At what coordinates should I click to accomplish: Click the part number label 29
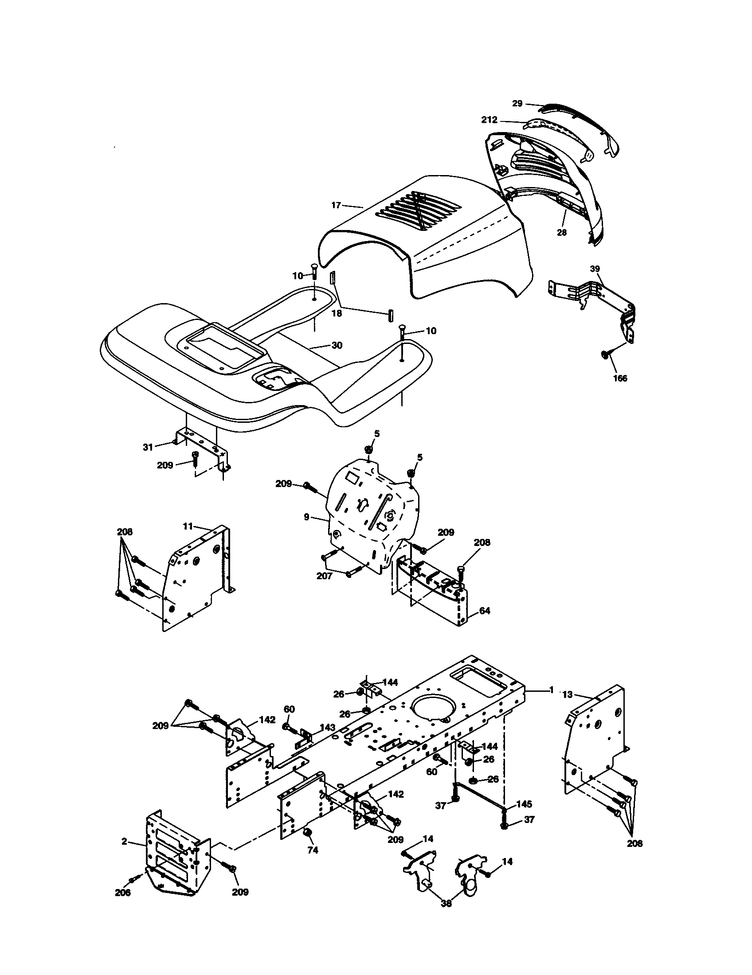(x=517, y=104)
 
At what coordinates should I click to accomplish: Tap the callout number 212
(x=490, y=120)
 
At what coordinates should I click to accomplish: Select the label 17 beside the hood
(x=336, y=205)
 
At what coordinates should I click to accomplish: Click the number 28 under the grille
(x=562, y=232)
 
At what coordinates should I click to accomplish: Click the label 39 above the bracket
(x=595, y=269)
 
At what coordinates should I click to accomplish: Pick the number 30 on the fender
(x=337, y=346)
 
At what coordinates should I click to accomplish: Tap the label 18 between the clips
(x=337, y=313)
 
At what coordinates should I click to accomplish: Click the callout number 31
(x=148, y=447)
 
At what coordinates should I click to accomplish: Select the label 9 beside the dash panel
(x=306, y=517)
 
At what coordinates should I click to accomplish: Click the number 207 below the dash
(x=325, y=576)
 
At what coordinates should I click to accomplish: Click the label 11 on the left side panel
(x=188, y=526)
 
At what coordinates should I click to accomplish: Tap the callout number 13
(x=567, y=694)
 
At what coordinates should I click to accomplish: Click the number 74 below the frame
(x=313, y=850)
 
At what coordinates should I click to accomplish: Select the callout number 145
(x=524, y=804)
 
